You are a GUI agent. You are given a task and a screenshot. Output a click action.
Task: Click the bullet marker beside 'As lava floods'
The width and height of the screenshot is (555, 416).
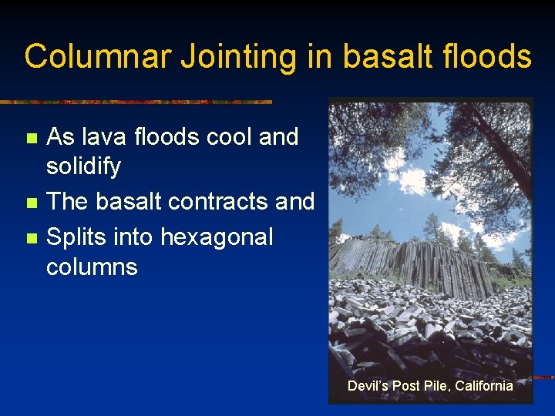[31, 139]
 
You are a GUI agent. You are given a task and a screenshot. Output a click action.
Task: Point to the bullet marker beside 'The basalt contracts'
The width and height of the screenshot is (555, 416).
[31, 203]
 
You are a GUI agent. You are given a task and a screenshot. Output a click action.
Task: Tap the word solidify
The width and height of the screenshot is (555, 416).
[83, 166]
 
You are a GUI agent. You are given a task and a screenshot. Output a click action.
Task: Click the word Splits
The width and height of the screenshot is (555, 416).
[76, 237]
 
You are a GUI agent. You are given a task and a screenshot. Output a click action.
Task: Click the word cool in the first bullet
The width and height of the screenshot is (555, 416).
[229, 137]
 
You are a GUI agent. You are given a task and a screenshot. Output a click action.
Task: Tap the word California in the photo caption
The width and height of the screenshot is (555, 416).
[483, 385]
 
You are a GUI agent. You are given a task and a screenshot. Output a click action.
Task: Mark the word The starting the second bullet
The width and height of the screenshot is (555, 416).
[67, 202]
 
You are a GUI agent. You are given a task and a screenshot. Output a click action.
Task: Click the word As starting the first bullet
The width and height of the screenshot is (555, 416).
[60, 137]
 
